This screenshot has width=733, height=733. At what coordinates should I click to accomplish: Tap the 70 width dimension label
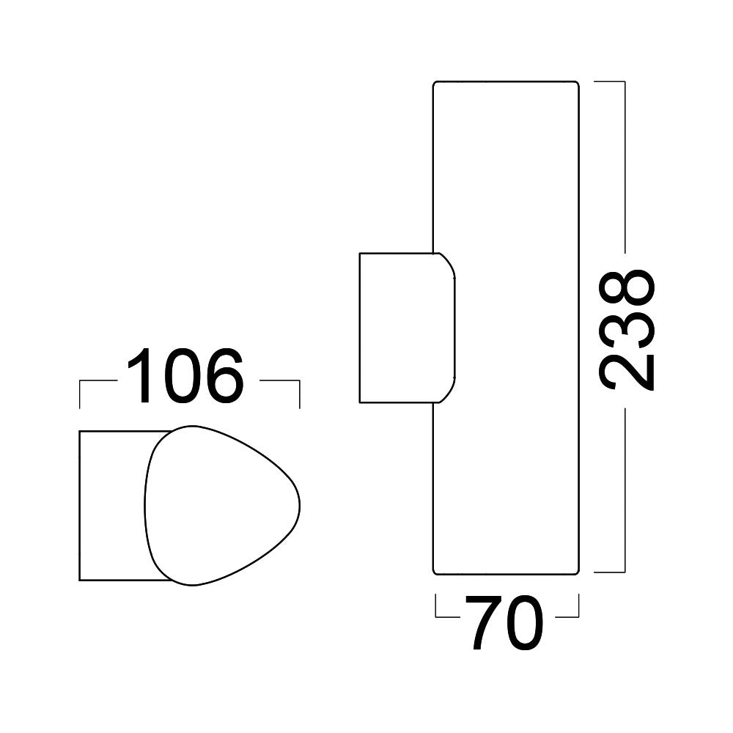coord(506,623)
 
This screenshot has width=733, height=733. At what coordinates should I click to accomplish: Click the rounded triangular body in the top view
coord(220,506)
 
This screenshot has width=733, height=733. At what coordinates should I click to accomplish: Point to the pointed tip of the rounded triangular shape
coord(299,506)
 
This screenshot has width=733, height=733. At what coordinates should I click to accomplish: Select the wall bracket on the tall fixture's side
coord(403,328)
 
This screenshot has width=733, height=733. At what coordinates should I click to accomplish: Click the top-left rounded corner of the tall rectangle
coord(436,84)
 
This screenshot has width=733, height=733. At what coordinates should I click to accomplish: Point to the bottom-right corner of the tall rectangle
coord(577,570)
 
